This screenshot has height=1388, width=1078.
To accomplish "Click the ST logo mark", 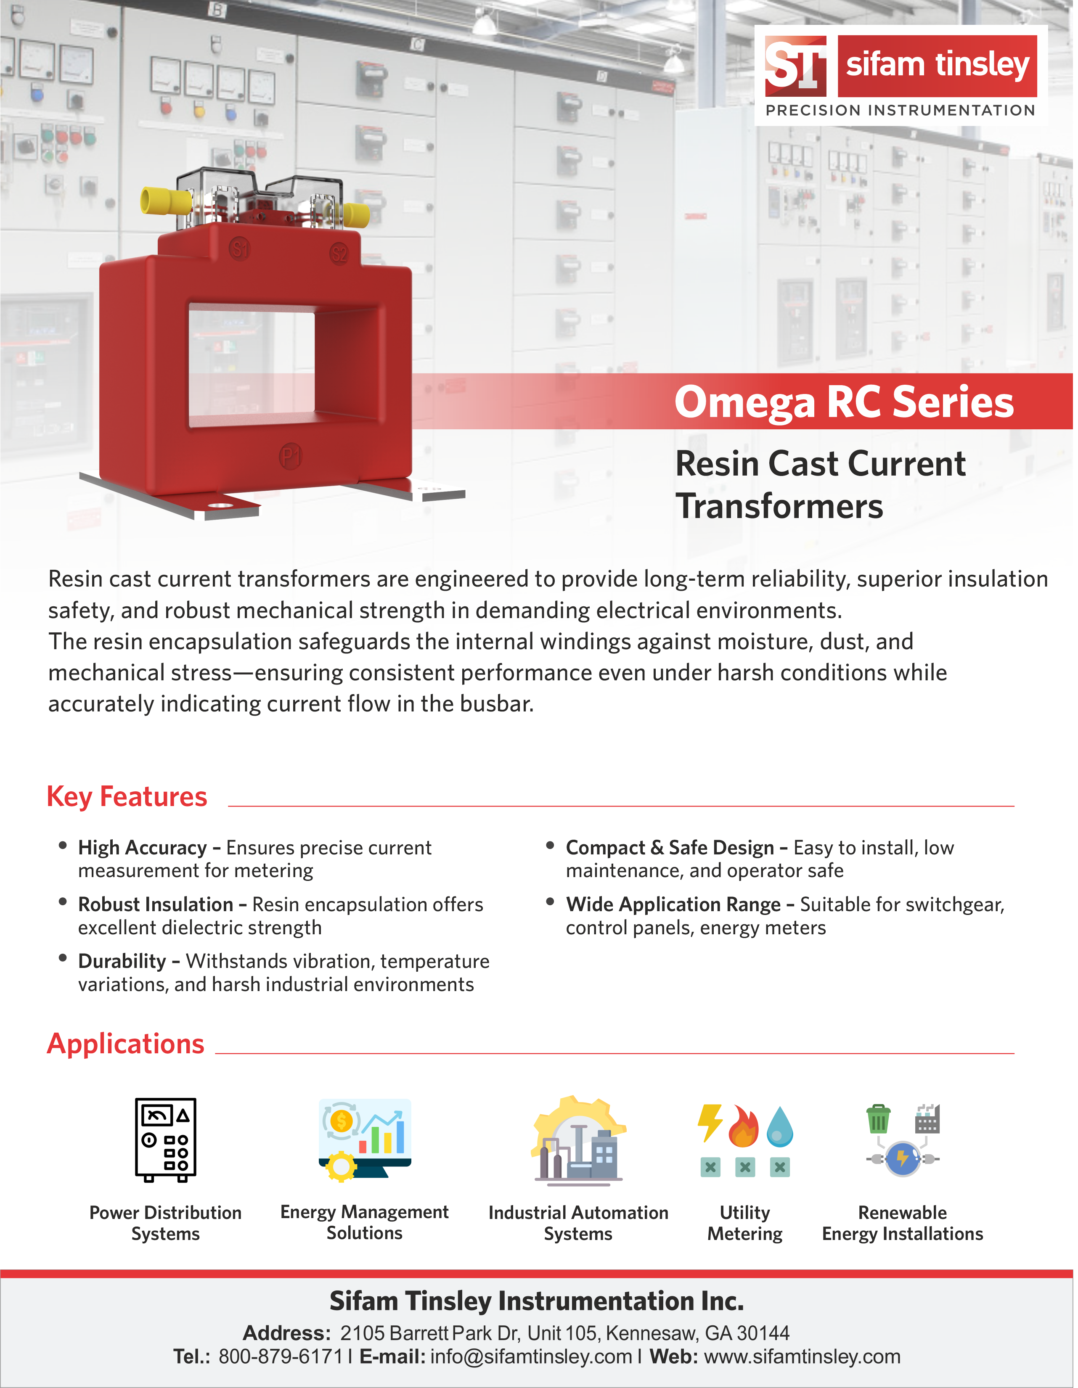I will click(x=795, y=65).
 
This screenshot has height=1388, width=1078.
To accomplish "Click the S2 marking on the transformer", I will click(x=339, y=254).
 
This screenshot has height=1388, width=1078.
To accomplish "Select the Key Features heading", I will click(x=127, y=796).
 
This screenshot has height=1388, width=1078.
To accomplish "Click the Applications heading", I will click(x=126, y=1044).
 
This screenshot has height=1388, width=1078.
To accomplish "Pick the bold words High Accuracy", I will click(x=143, y=847).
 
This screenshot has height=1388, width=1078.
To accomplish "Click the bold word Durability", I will click(x=122, y=961).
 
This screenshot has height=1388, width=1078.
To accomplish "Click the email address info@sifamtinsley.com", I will click(x=531, y=1356).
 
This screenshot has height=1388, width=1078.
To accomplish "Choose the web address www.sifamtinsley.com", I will click(x=802, y=1356).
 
